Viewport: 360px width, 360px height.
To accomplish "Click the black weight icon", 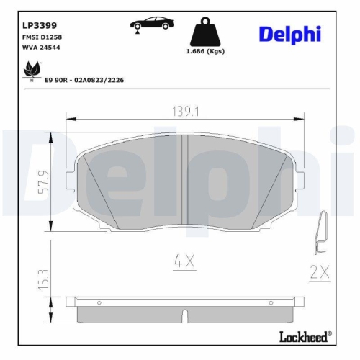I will pos(204,33).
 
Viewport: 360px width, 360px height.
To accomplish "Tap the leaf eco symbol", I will pos(31,69).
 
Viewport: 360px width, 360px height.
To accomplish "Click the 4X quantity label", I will pos(185,262).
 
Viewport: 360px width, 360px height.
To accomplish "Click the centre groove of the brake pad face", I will pos(185,184).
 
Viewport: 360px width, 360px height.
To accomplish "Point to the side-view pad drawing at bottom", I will pos(185,310).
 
